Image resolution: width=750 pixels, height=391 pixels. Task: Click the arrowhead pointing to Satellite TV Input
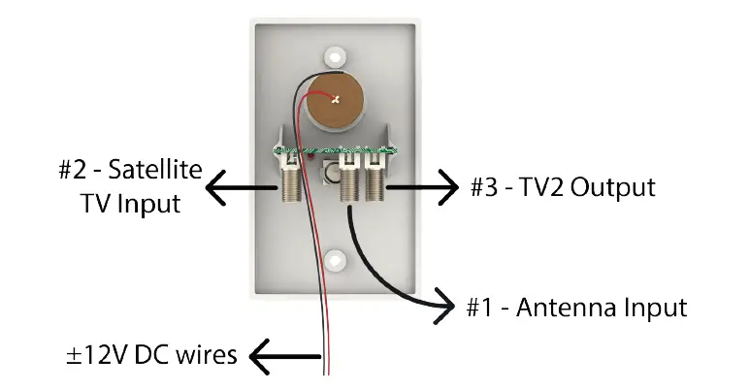(x=222, y=186)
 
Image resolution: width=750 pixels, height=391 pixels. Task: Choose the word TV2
(x=551, y=186)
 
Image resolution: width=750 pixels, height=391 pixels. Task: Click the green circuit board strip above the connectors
(x=336, y=151)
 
